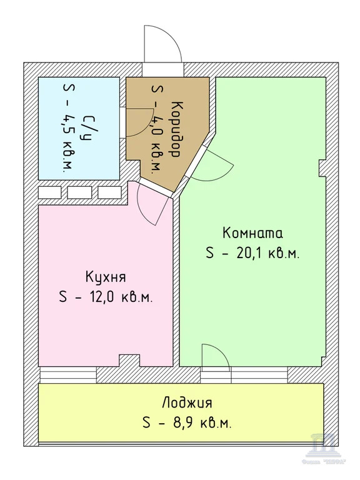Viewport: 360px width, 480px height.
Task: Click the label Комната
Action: pos(252,233)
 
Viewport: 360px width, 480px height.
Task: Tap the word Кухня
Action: pos(106,276)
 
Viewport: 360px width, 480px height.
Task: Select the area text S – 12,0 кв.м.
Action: pos(106,297)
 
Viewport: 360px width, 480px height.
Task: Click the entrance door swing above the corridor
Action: pos(161,45)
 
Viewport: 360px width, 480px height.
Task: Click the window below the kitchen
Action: pos(68,375)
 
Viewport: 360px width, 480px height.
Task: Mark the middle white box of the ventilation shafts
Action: pos(80,192)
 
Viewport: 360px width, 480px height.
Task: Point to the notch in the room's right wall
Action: pos(323,167)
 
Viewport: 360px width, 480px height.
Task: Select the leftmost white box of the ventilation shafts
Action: pos(49,192)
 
